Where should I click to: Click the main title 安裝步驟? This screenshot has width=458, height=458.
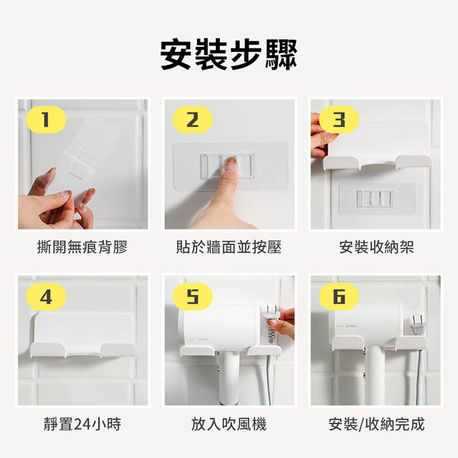228,54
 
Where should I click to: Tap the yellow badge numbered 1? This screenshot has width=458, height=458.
46,120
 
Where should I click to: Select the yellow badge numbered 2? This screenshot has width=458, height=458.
192,120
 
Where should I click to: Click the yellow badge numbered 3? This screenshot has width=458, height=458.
339,120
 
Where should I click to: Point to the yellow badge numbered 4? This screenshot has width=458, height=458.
46,297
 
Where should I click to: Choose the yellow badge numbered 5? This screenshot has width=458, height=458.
192,297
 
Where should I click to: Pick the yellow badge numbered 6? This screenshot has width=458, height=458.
339,297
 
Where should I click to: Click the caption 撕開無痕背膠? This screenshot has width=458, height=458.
82,247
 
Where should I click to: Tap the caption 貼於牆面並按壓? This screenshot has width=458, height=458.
228,247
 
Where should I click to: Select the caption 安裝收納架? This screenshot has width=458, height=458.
376,247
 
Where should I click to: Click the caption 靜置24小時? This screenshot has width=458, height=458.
82,424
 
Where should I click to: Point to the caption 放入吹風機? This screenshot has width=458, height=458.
228,424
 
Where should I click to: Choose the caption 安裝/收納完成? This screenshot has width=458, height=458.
376,424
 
